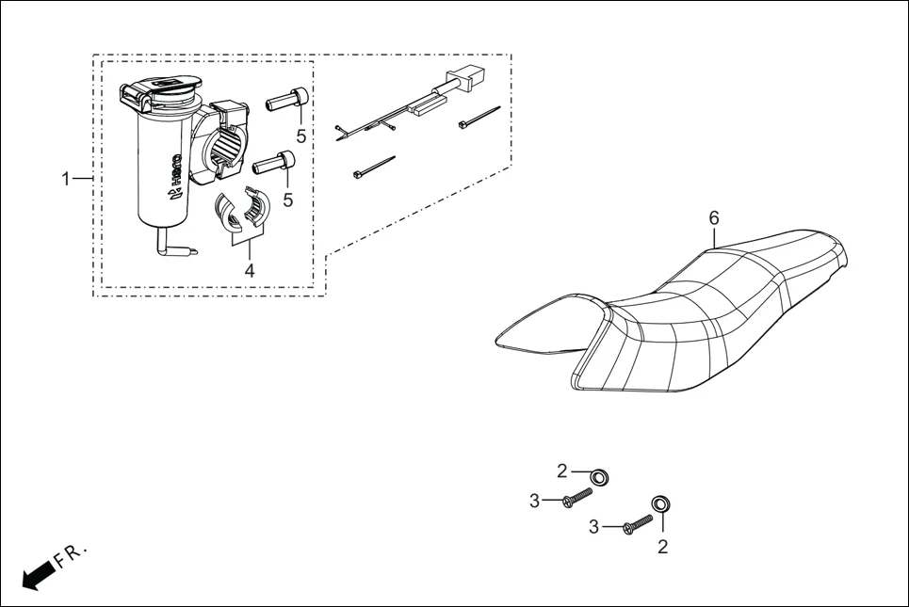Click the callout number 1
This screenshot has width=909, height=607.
[x=66, y=179]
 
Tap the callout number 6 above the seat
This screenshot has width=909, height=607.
[x=714, y=218]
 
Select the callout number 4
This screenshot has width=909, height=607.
[x=249, y=270]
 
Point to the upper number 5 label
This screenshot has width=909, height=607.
[x=301, y=136]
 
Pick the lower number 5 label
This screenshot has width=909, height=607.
[x=287, y=200]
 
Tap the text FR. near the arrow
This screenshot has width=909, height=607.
[x=71, y=554]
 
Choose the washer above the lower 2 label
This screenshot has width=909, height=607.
[x=661, y=503]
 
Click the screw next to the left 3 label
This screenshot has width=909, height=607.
[x=576, y=497]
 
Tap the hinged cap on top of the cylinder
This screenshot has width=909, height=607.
[x=161, y=92]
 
